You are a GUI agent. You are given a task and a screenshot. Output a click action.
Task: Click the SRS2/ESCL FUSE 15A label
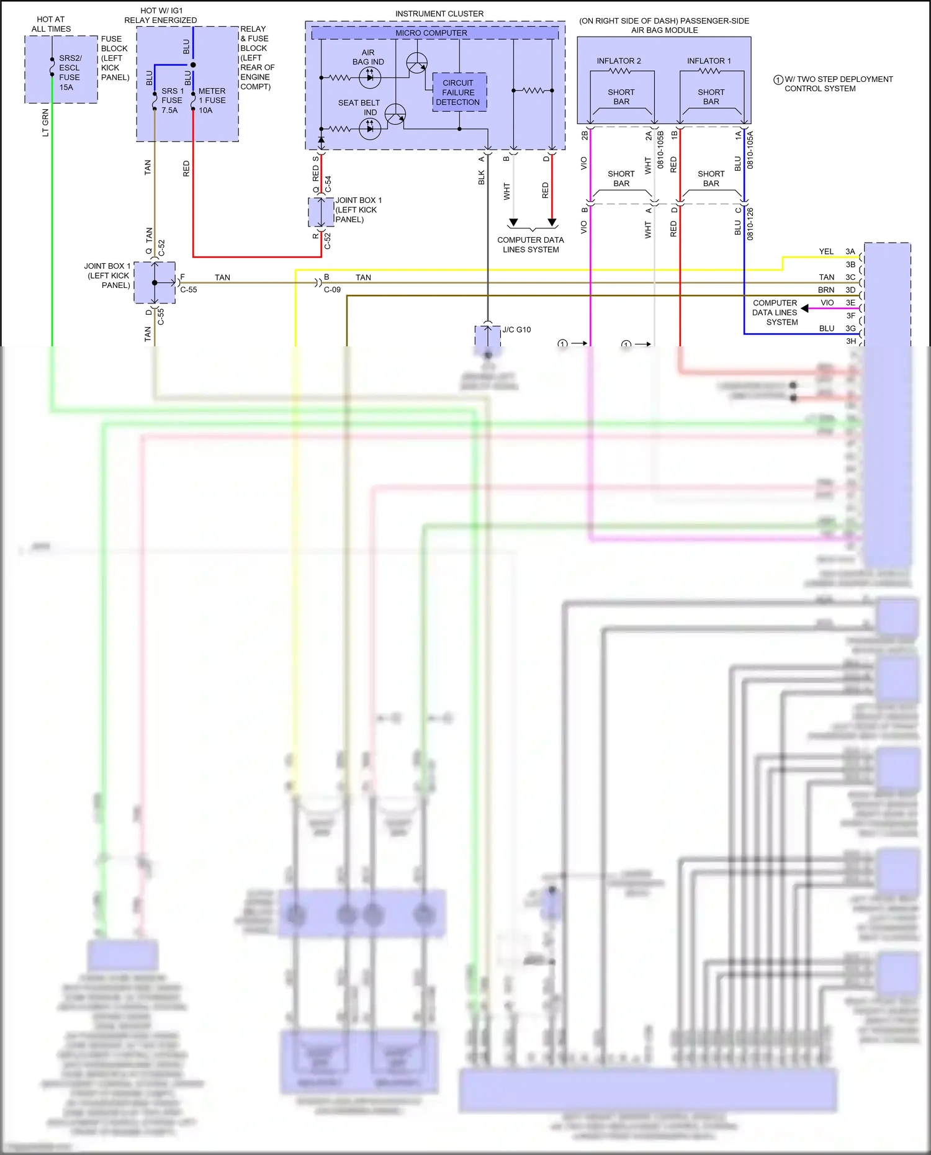pyautogui.click(x=70, y=73)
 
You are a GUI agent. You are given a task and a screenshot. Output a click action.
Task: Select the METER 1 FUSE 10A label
pyautogui.click(x=212, y=100)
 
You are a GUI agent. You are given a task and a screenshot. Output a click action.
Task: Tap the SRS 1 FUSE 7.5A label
pyautogui.click(x=172, y=100)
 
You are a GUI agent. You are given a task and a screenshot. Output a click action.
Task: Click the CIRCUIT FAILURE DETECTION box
pyautogui.click(x=459, y=92)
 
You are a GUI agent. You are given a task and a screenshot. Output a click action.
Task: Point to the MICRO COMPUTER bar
pyautogui.click(x=431, y=33)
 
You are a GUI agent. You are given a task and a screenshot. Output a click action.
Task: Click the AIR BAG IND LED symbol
pyautogui.click(x=370, y=78)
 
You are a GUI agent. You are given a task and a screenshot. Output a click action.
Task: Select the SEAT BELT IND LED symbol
pyautogui.click(x=370, y=129)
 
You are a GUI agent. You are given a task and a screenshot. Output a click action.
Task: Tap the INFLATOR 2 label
pyautogui.click(x=619, y=61)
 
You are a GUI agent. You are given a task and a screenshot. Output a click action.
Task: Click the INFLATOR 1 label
pyautogui.click(x=709, y=61)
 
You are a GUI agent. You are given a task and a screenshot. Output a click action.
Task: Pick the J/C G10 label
pyautogui.click(x=516, y=330)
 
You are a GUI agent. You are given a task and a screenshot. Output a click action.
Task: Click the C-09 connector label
pyautogui.click(x=332, y=290)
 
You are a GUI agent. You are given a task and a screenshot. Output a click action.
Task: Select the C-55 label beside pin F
pyautogui.click(x=189, y=290)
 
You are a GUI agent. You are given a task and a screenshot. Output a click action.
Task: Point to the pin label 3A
pyautogui.click(x=850, y=251)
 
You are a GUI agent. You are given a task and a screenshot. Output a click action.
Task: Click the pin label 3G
pyautogui.click(x=850, y=328)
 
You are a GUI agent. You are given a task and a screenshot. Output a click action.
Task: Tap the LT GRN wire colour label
pyautogui.click(x=45, y=123)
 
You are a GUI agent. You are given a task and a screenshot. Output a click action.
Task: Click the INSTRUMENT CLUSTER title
pyautogui.click(x=439, y=14)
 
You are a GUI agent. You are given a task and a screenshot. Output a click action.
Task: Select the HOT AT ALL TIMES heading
pyautogui.click(x=51, y=24)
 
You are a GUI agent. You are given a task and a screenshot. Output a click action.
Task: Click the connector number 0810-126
pyautogui.click(x=750, y=224)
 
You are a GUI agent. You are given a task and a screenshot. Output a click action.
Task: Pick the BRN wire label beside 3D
pyautogui.click(x=826, y=290)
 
